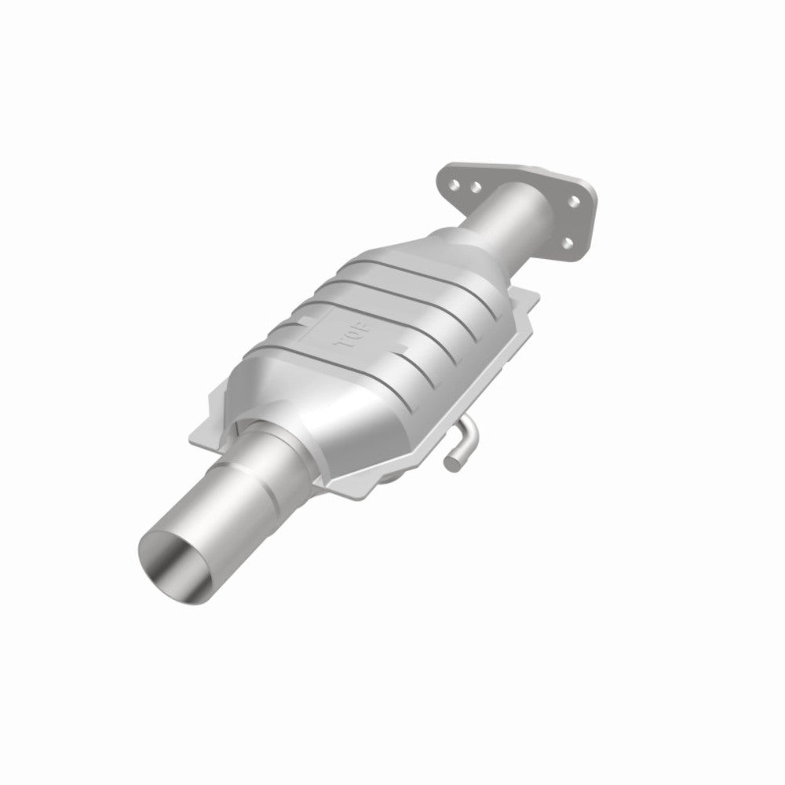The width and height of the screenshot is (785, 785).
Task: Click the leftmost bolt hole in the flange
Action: point(455,185)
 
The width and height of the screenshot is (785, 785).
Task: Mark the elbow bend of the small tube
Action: point(469,430)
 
